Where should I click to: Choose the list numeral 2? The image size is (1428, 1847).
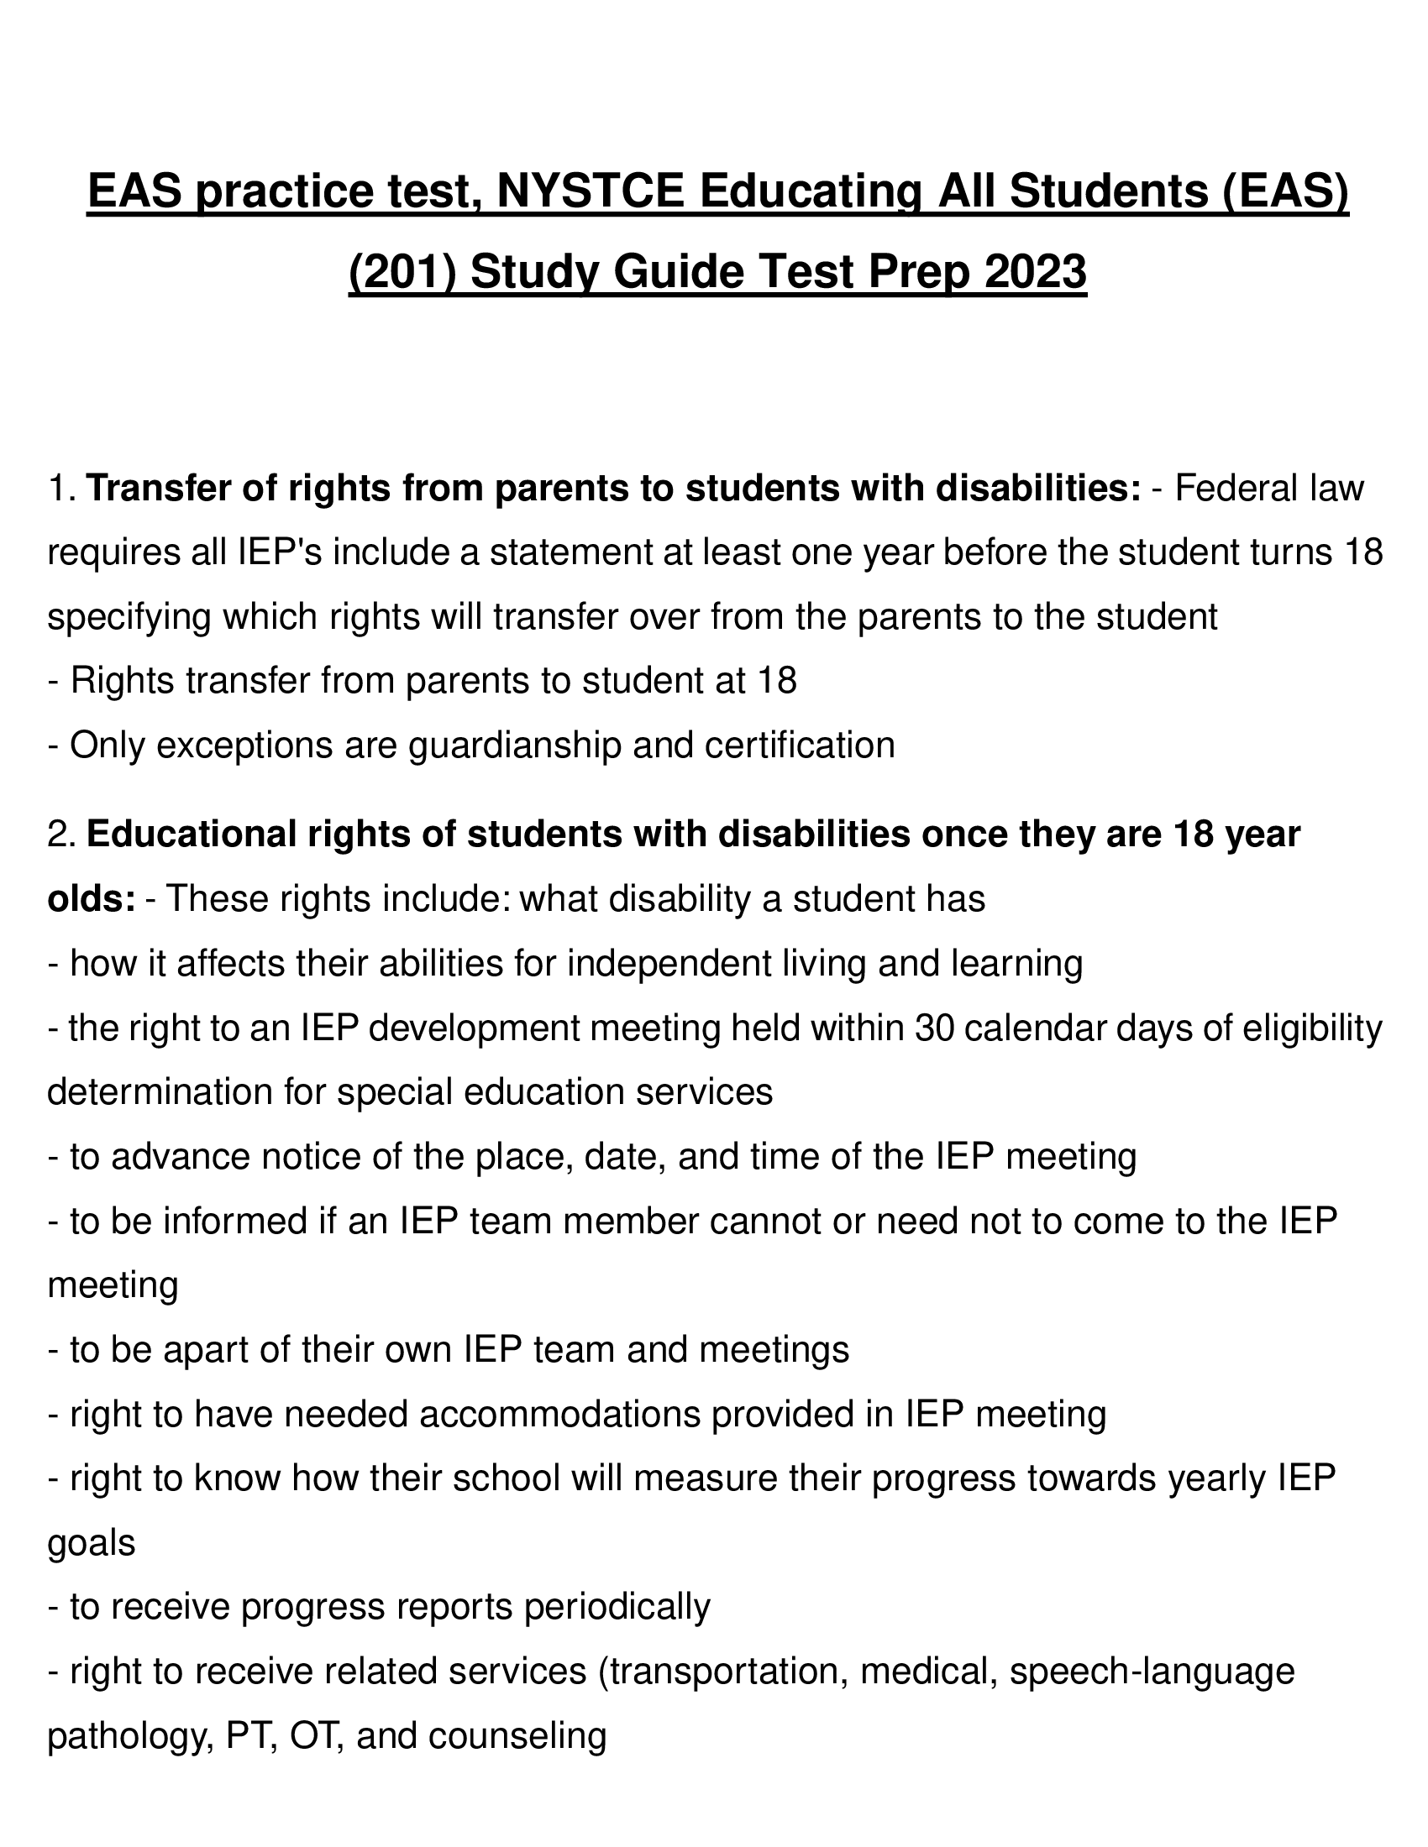(x=61, y=835)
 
